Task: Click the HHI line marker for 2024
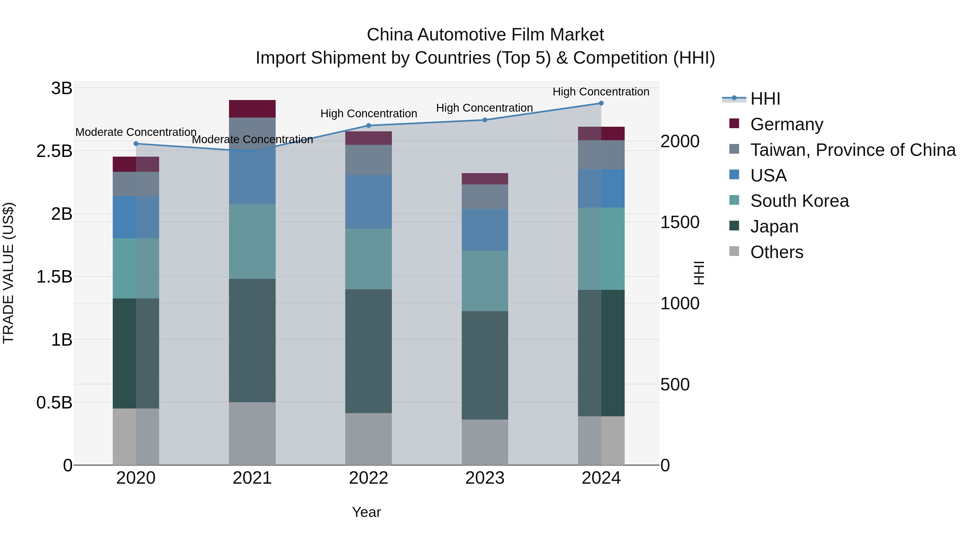[601, 103]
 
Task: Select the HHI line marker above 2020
[136, 143]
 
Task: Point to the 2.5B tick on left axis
[54, 151]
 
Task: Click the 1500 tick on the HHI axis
[680, 222]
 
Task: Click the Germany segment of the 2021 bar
[252, 109]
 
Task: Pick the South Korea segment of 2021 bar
[252, 242]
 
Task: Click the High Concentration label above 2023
[484, 108]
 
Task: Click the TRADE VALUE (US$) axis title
[8, 273]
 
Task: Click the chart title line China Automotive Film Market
[485, 35]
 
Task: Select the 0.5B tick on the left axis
[54, 403]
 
